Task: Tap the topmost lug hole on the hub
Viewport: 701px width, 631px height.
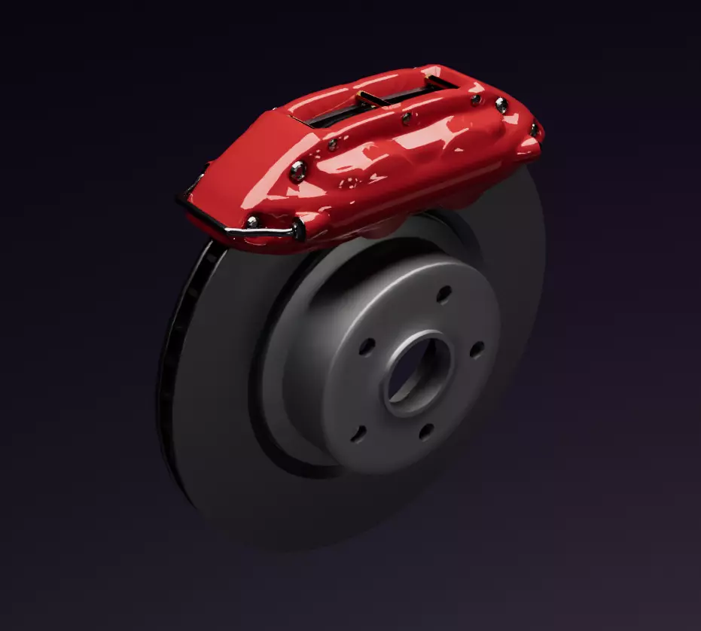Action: (x=444, y=293)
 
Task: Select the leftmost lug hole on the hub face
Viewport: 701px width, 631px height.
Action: (x=367, y=346)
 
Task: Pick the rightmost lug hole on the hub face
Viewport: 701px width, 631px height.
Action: (x=477, y=349)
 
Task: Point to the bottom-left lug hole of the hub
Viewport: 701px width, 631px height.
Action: (x=360, y=433)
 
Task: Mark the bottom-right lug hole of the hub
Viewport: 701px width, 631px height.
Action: (x=426, y=431)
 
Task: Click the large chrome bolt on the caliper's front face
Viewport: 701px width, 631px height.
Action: (x=298, y=171)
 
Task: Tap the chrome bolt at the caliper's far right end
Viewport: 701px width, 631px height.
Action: (x=534, y=130)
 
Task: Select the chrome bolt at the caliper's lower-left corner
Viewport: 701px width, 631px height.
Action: (x=252, y=221)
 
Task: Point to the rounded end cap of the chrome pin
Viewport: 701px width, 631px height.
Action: (x=298, y=230)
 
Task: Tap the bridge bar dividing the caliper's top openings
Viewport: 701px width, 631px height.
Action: (x=370, y=99)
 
